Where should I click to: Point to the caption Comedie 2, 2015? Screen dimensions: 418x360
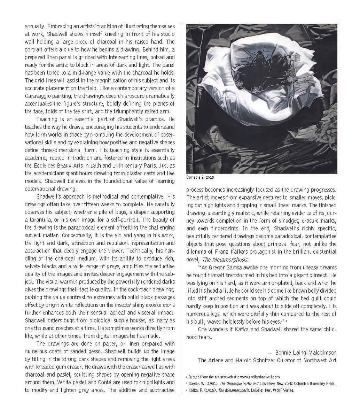[x=200, y=177]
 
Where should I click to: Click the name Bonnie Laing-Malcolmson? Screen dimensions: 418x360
[x=306, y=353]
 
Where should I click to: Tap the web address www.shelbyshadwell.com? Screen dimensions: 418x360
[x=260, y=377]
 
